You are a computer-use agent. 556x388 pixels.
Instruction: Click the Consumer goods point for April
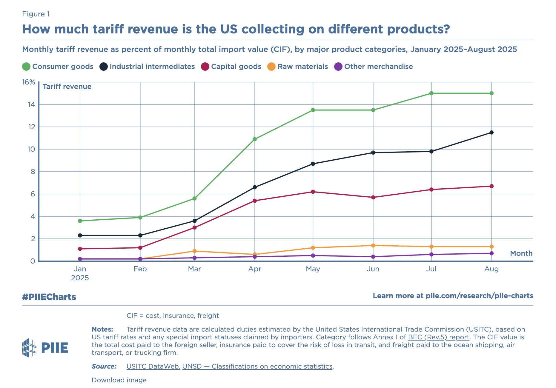(255, 139)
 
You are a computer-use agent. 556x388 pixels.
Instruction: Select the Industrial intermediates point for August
(492, 133)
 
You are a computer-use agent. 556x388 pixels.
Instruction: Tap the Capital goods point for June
(373, 197)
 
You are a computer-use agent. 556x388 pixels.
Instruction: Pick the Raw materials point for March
(195, 251)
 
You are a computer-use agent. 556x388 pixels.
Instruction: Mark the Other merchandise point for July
(431, 254)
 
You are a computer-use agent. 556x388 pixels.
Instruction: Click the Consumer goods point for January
(80, 221)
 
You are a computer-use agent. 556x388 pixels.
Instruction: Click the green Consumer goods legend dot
(26, 67)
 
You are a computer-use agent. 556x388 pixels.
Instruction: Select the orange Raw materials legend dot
(271, 67)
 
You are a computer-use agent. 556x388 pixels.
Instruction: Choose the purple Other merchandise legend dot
(338, 67)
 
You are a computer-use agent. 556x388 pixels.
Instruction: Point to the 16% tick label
(29, 82)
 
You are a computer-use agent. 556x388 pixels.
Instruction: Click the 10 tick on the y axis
(31, 149)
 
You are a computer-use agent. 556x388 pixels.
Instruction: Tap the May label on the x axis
(313, 269)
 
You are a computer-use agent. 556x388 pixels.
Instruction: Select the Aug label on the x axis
(492, 269)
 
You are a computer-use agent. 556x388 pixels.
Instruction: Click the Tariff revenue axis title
(67, 87)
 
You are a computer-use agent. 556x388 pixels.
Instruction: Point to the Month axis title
(521, 253)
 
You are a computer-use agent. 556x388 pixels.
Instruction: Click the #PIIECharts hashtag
(49, 297)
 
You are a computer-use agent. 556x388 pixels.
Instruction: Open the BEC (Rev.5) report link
(439, 337)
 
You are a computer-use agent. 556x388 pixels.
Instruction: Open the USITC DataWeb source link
(153, 366)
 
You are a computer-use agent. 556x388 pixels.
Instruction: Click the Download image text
(119, 380)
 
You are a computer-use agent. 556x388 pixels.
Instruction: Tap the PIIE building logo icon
(29, 347)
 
